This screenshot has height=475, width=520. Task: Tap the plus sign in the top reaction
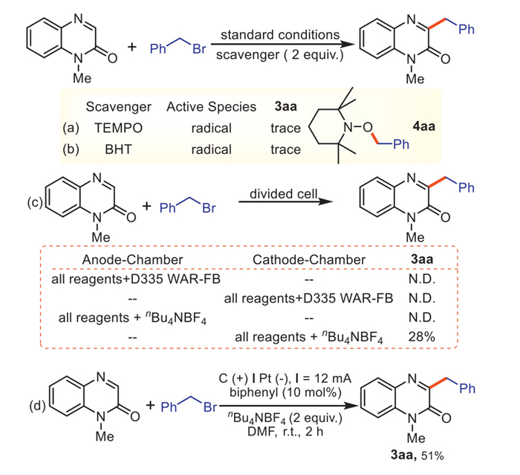pos(131,47)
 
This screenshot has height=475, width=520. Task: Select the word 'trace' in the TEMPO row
pos(285,129)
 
